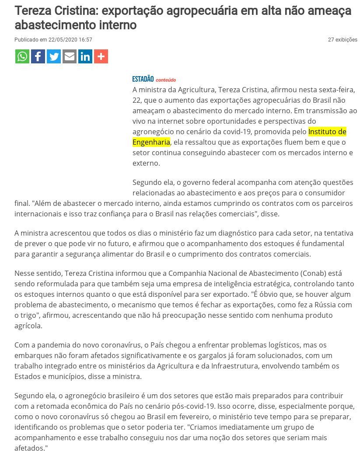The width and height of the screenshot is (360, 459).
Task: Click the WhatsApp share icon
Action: click(x=22, y=56)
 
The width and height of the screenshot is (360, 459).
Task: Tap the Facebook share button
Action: click(x=38, y=56)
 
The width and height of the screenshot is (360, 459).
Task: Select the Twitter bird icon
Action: click(x=54, y=56)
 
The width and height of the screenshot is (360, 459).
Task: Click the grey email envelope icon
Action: click(x=70, y=56)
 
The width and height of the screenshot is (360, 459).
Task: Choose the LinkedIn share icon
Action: click(x=85, y=56)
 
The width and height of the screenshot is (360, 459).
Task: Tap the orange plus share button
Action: click(x=101, y=56)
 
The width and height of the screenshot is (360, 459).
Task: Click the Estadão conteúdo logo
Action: click(x=154, y=79)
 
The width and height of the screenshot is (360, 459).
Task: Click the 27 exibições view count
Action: click(x=343, y=40)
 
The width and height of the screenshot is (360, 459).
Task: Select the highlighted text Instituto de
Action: click(x=327, y=132)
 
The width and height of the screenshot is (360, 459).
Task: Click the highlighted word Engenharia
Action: click(x=151, y=142)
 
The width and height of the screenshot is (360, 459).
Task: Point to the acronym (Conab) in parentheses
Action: click(x=313, y=273)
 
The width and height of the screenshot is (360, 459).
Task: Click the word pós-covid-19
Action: click(x=193, y=406)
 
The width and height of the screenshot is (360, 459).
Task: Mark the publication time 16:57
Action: click(x=86, y=40)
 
